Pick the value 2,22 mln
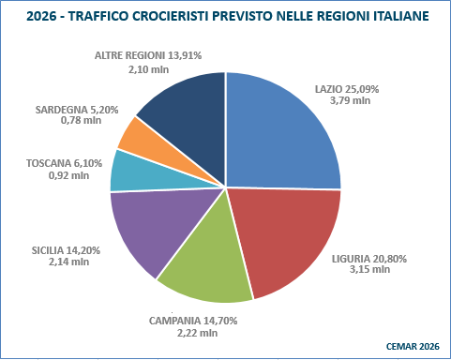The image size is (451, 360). (196, 333)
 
